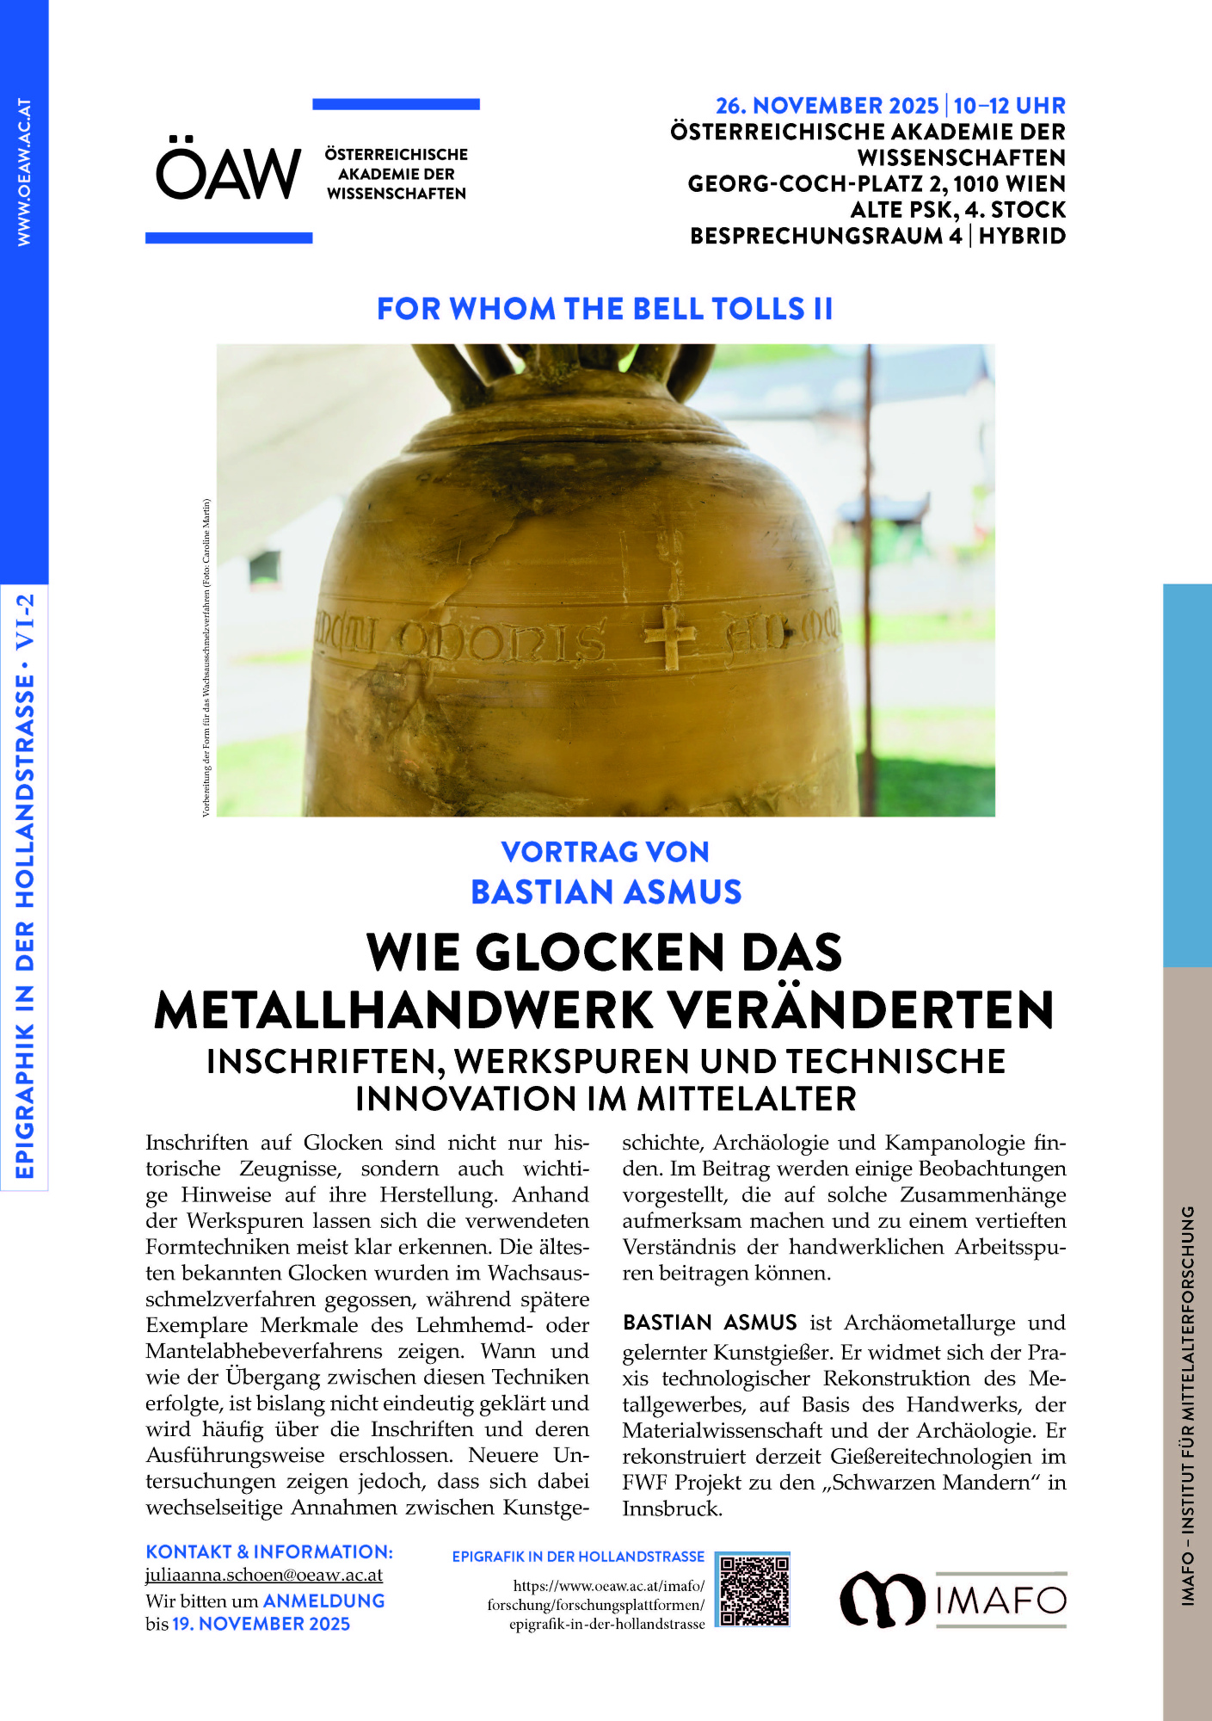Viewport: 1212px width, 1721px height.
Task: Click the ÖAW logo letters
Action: [228, 172]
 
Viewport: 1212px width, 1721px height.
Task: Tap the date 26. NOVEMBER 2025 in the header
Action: [827, 106]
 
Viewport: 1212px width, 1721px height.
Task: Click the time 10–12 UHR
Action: [1009, 106]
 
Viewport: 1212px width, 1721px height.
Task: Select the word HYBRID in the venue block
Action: [1022, 236]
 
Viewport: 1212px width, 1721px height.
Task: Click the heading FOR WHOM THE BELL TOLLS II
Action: [605, 309]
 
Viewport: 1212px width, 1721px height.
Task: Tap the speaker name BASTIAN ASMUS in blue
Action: [606, 892]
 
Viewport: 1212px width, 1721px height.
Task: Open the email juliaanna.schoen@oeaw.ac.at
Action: [263, 1575]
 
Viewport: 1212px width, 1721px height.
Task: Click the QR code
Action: [754, 1589]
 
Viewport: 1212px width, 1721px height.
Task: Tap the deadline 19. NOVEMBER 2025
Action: [261, 1624]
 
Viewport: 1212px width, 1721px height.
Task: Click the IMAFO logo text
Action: [1000, 1601]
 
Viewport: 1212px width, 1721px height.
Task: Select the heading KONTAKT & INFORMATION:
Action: [269, 1551]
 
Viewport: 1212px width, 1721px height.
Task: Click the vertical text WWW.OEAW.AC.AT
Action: [24, 172]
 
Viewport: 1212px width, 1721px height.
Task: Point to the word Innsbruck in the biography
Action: [671, 1508]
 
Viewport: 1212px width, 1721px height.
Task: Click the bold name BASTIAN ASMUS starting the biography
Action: [710, 1323]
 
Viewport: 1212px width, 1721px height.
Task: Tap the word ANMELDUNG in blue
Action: [323, 1601]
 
